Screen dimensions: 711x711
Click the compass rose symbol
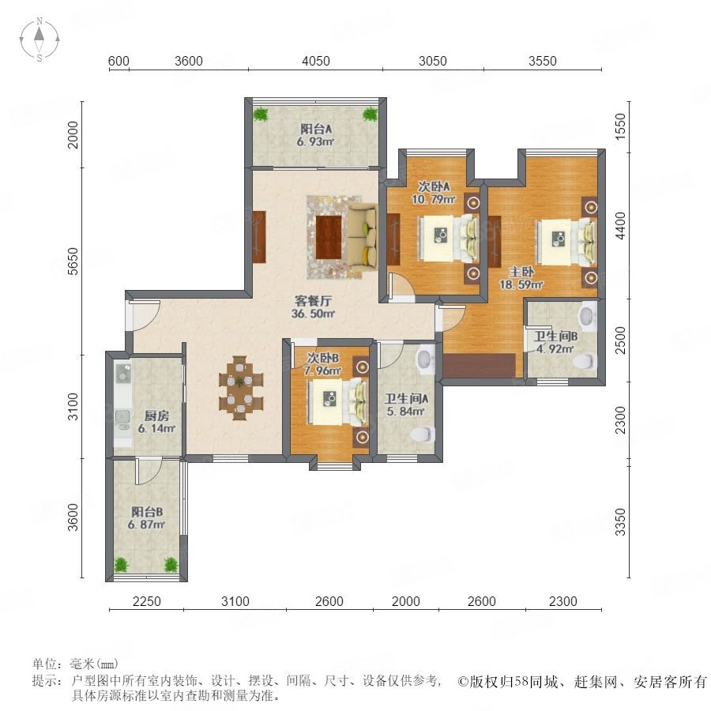click(39, 39)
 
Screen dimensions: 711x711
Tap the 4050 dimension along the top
click(315, 61)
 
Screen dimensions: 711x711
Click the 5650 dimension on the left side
click(73, 261)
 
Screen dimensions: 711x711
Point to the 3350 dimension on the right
click(620, 522)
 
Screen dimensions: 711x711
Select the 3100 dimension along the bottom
click(235, 601)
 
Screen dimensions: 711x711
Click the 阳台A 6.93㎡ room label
click(315, 135)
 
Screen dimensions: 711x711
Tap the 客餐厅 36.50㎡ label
click(313, 307)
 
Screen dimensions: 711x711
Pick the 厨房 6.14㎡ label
click(156, 422)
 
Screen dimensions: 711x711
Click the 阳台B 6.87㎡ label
click(146, 518)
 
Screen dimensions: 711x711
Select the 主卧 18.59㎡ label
click(521, 278)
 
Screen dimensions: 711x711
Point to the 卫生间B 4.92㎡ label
click(555, 342)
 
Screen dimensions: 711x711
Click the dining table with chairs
click(240, 388)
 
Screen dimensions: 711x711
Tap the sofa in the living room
click(363, 240)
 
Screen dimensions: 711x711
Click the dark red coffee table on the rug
click(329, 237)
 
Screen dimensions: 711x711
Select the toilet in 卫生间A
click(422, 434)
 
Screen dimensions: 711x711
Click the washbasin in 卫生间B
click(587, 315)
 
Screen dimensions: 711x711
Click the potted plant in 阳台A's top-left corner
click(260, 114)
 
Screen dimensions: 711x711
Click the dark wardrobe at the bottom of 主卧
click(480, 366)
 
